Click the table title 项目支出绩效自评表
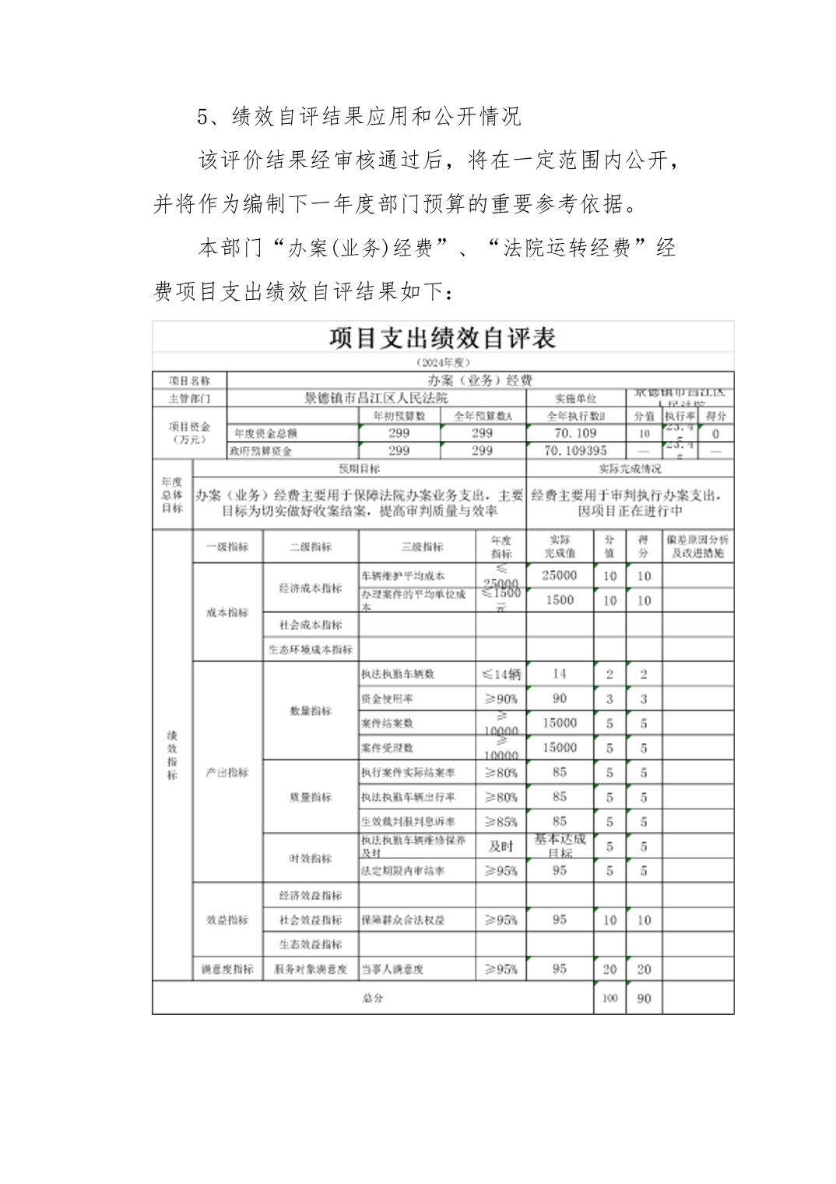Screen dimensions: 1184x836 pos(442,338)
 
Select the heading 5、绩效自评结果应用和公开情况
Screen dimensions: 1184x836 pos(359,117)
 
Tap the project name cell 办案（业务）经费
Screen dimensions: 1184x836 pos(479,380)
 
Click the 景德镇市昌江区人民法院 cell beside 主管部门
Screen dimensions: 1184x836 pos(376,398)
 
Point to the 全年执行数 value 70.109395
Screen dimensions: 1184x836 pos(575,450)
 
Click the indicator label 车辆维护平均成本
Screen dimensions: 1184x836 pos(403,576)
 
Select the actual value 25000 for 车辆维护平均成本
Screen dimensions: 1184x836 pos(560,576)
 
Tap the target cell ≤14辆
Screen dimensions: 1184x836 pos(501,675)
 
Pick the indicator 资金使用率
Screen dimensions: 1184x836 pos(387,699)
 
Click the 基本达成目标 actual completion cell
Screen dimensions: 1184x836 pos(560,846)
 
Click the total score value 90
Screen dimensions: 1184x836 pos(644,999)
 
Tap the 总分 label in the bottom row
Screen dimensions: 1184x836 pos(372,999)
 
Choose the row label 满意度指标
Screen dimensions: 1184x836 pos(227,969)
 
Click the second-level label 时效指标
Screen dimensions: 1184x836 pos(311,858)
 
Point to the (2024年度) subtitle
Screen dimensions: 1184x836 pos(443,362)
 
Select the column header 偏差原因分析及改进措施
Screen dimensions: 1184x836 pos(697,547)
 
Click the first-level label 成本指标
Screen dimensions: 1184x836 pos(227,612)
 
